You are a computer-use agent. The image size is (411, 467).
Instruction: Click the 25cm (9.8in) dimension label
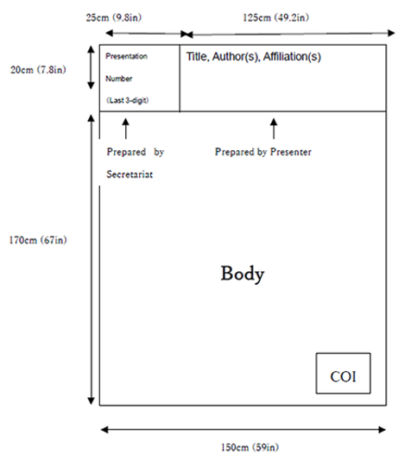[x=114, y=17]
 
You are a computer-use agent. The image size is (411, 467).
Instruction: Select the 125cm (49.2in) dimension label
[x=275, y=17]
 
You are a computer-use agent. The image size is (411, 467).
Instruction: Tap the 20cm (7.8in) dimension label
[x=38, y=70]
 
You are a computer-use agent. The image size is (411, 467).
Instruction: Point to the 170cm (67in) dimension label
[x=38, y=240]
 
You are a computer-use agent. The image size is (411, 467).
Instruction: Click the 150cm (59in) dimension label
[x=250, y=447]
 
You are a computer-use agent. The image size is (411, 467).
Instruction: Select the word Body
[x=243, y=274]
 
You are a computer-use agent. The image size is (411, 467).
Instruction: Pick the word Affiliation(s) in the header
[x=292, y=57]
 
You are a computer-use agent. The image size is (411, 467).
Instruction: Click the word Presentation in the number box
[x=126, y=56]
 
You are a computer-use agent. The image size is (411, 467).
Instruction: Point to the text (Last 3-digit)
[x=128, y=100]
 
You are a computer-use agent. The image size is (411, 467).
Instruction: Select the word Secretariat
[x=130, y=174]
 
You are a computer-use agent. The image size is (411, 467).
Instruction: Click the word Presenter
[x=291, y=152]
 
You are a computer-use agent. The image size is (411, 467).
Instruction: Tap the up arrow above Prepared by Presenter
[x=274, y=129]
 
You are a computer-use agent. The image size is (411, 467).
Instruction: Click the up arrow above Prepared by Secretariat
[x=126, y=129]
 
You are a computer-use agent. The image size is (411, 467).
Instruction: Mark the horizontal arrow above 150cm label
[x=243, y=430]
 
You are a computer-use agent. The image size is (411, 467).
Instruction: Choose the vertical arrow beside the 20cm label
[x=91, y=67]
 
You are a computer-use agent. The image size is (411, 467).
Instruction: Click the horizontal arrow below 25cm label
[x=147, y=34]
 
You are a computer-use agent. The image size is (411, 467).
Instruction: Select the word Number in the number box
[x=118, y=79]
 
